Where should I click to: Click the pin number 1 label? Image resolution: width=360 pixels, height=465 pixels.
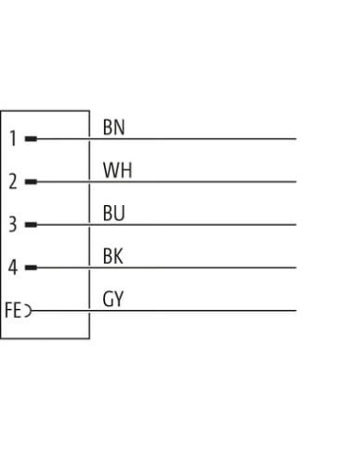pyautogui.click(x=13, y=139)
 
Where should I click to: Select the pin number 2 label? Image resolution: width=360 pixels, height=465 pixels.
pyautogui.click(x=13, y=181)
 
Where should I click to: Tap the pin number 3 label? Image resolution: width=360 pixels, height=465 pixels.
pyautogui.click(x=13, y=225)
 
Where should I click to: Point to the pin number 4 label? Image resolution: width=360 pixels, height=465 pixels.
pyautogui.click(x=13, y=267)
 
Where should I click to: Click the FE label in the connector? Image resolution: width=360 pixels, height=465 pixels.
pyautogui.click(x=12, y=310)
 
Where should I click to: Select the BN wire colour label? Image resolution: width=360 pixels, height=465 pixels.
pyautogui.click(x=113, y=128)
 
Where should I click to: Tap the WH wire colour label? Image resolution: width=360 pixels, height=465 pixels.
pyautogui.click(x=117, y=170)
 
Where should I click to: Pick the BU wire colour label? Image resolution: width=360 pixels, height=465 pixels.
pyautogui.click(x=113, y=213)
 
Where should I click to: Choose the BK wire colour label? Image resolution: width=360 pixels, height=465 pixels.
pyautogui.click(x=112, y=256)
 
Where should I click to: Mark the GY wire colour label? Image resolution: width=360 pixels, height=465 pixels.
pyautogui.click(x=113, y=299)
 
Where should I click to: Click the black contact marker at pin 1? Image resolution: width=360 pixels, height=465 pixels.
pyautogui.click(x=31, y=139)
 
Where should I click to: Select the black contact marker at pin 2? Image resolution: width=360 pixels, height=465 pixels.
pyautogui.click(x=31, y=181)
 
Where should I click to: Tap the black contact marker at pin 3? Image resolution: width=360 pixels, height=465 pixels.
pyautogui.click(x=31, y=225)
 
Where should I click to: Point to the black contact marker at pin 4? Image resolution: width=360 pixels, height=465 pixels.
pyautogui.click(x=31, y=267)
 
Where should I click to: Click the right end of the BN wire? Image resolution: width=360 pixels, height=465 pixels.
pyautogui.click(x=296, y=139)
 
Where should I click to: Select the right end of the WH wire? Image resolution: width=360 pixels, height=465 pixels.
pyautogui.click(x=296, y=181)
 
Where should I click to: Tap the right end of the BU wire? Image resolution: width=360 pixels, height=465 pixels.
pyautogui.click(x=296, y=225)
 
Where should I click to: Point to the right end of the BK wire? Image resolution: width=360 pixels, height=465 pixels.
pyautogui.click(x=296, y=267)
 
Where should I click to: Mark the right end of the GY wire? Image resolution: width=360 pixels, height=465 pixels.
pyautogui.click(x=296, y=311)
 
